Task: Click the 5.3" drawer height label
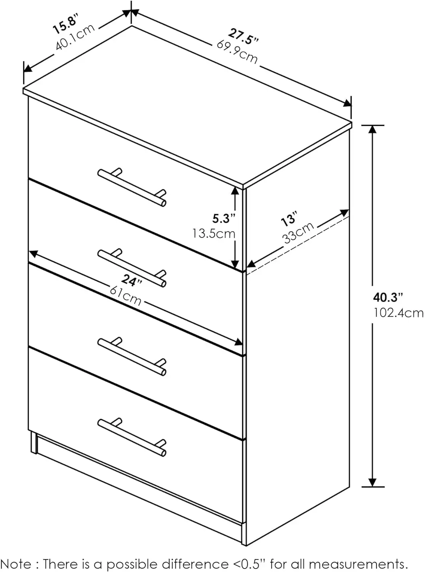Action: (x=224, y=218)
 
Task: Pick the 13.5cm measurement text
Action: (x=214, y=233)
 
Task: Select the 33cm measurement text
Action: (x=298, y=233)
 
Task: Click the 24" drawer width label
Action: (x=132, y=281)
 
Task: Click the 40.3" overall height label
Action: (x=388, y=297)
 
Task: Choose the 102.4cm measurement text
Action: (x=398, y=313)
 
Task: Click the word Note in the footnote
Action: (x=18, y=564)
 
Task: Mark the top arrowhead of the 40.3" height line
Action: (x=373, y=129)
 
